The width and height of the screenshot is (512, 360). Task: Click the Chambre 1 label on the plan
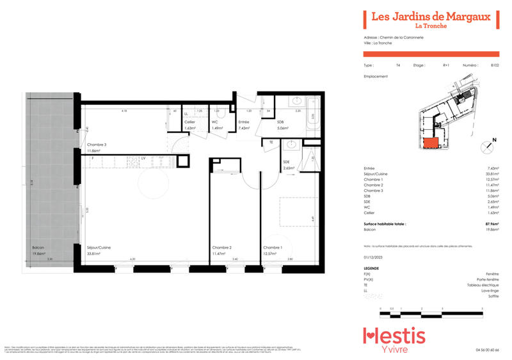pyautogui.click(x=273, y=251)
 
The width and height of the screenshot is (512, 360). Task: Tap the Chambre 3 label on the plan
pyautogui.click(x=97, y=148)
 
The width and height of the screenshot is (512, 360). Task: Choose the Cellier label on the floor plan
pyautogui.click(x=190, y=125)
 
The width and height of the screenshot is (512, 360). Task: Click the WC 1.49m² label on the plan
pyautogui.click(x=217, y=125)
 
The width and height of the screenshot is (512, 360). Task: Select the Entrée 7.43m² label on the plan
pyautogui.click(x=244, y=125)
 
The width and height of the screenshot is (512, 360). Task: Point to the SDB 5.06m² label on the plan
pyautogui.click(x=281, y=125)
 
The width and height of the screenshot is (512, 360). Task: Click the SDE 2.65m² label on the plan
pyautogui.click(x=289, y=166)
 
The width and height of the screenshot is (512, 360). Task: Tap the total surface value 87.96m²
pyautogui.click(x=492, y=224)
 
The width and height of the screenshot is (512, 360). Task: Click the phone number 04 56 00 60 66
pyautogui.click(x=487, y=350)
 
